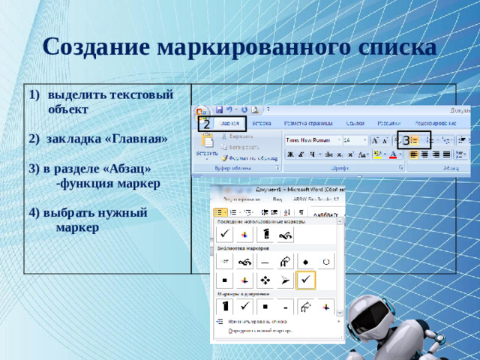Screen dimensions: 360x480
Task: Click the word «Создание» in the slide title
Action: (x=97, y=47)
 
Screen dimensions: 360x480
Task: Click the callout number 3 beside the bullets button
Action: (x=406, y=140)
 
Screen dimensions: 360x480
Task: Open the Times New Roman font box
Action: (x=311, y=139)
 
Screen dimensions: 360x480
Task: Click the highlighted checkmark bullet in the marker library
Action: (x=306, y=280)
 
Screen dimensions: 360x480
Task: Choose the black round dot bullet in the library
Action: (x=306, y=261)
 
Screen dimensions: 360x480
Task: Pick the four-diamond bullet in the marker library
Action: (x=265, y=280)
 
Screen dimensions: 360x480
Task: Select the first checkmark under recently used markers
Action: (x=224, y=235)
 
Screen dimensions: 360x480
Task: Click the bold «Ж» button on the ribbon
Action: (x=289, y=154)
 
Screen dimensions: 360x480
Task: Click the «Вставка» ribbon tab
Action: (x=262, y=122)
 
